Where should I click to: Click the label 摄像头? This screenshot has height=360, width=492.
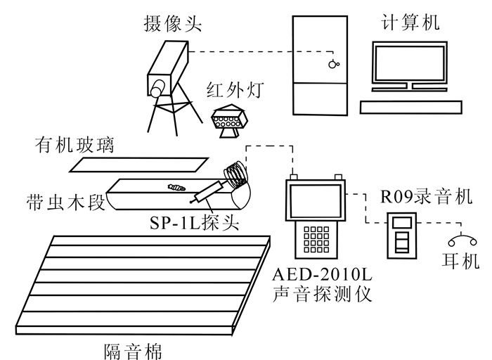171,25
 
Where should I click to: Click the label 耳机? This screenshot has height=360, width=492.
458,262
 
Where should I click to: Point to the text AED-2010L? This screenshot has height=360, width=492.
322,273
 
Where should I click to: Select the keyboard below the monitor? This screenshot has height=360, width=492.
410,106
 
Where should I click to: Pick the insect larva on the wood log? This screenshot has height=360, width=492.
176,187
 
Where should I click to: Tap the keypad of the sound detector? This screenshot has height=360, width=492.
318,236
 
